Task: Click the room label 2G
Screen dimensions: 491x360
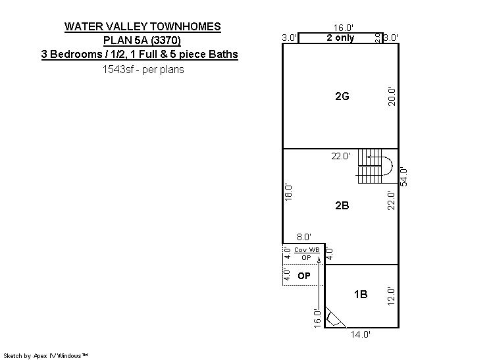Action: [342, 96]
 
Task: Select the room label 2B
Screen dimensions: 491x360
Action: [342, 205]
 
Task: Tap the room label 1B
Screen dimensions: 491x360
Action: [361, 294]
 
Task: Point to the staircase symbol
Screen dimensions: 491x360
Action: [375, 167]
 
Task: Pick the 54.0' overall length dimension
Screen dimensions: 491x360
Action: [404, 177]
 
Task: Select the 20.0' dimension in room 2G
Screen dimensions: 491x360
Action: [392, 97]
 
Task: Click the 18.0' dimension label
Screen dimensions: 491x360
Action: [288, 192]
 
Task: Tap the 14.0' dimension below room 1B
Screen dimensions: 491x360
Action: [360, 334]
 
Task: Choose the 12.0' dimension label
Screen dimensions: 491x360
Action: [392, 296]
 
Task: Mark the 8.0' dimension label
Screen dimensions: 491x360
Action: [303, 237]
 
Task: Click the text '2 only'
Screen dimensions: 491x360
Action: [340, 38]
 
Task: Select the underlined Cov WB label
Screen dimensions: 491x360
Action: [307, 250]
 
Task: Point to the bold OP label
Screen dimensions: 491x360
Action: [303, 276]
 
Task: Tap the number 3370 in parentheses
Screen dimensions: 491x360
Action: [166, 40]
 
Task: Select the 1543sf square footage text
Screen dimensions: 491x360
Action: [118, 69]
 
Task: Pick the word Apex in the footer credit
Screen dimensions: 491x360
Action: [40, 356]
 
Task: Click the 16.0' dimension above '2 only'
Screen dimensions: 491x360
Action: [343, 28]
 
